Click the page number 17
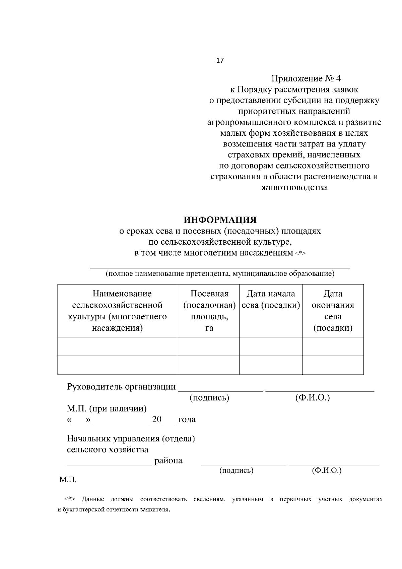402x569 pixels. (220, 61)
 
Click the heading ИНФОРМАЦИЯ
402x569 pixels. (220, 220)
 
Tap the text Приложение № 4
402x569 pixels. (306, 79)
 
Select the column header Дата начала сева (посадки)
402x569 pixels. (271, 299)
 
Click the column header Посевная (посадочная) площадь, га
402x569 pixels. (209, 311)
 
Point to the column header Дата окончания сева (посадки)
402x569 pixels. (333, 311)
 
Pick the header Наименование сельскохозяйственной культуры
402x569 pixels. (118, 311)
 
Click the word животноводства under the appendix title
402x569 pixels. (294, 187)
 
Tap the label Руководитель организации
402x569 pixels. (121, 387)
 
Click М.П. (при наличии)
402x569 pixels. (107, 408)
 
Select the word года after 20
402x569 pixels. (187, 420)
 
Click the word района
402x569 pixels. (168, 460)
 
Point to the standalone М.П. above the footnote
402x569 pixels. (68, 480)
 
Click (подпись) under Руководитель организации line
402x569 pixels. (209, 398)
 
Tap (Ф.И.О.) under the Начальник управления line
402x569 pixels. (326, 470)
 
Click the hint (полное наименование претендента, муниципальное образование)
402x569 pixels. (220, 274)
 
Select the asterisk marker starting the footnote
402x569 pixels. (69, 499)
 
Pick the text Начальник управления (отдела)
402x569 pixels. (131, 439)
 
